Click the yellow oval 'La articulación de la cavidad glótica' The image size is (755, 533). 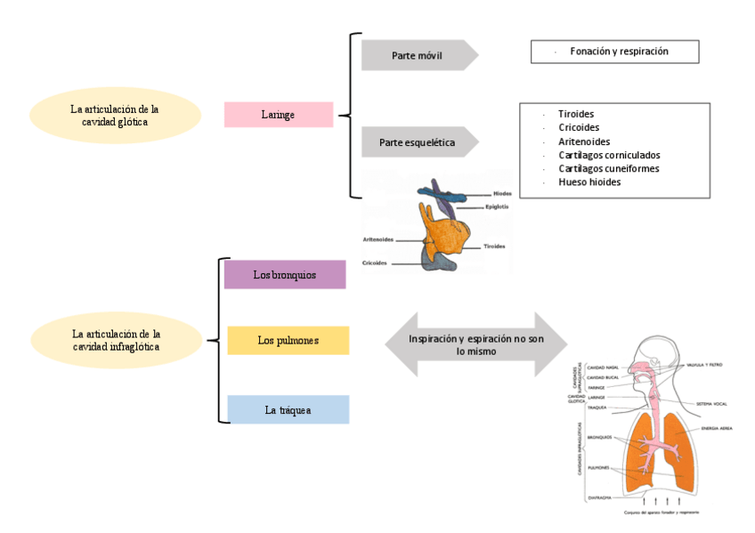[115, 116]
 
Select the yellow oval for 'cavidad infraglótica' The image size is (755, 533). [116, 340]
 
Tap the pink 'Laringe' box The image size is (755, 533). [278, 115]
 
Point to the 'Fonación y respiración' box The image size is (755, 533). [614, 52]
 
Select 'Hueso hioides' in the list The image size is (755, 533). [589, 182]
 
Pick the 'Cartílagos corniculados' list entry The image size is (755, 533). [608, 155]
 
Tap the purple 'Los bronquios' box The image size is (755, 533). [284, 275]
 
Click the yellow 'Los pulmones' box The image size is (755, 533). [288, 340]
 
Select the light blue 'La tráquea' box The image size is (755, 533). [288, 409]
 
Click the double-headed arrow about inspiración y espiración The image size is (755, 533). [476, 344]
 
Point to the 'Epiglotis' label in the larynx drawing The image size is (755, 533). [497, 207]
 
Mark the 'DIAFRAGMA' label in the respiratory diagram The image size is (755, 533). [598, 498]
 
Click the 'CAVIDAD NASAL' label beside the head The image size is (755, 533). [605, 367]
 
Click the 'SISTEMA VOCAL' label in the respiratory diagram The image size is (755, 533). [713, 402]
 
